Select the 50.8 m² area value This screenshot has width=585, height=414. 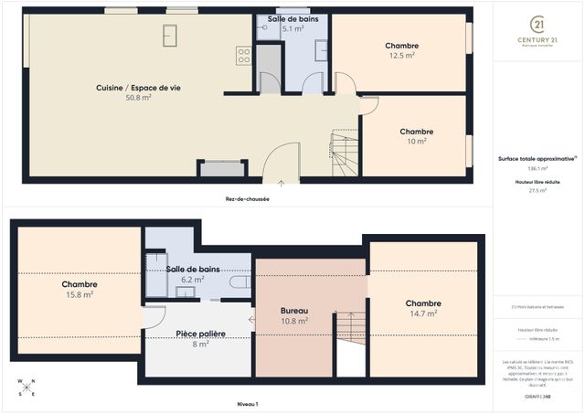coord(138,97)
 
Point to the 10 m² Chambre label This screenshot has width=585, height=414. coord(416,132)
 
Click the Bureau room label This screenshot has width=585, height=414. coord(293,311)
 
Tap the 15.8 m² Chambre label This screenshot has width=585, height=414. coord(80,284)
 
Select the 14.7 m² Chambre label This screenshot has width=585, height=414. coord(423,303)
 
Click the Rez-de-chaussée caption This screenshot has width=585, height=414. coord(247,198)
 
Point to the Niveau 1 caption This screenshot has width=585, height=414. coord(247,403)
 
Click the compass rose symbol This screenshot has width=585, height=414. coord(27,387)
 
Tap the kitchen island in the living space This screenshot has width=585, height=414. coord(169,35)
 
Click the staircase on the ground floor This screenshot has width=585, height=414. coord(345,154)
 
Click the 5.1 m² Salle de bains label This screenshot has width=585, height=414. coord(292,19)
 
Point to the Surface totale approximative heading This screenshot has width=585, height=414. coord(537,158)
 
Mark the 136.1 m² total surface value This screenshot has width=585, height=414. coord(537,168)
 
